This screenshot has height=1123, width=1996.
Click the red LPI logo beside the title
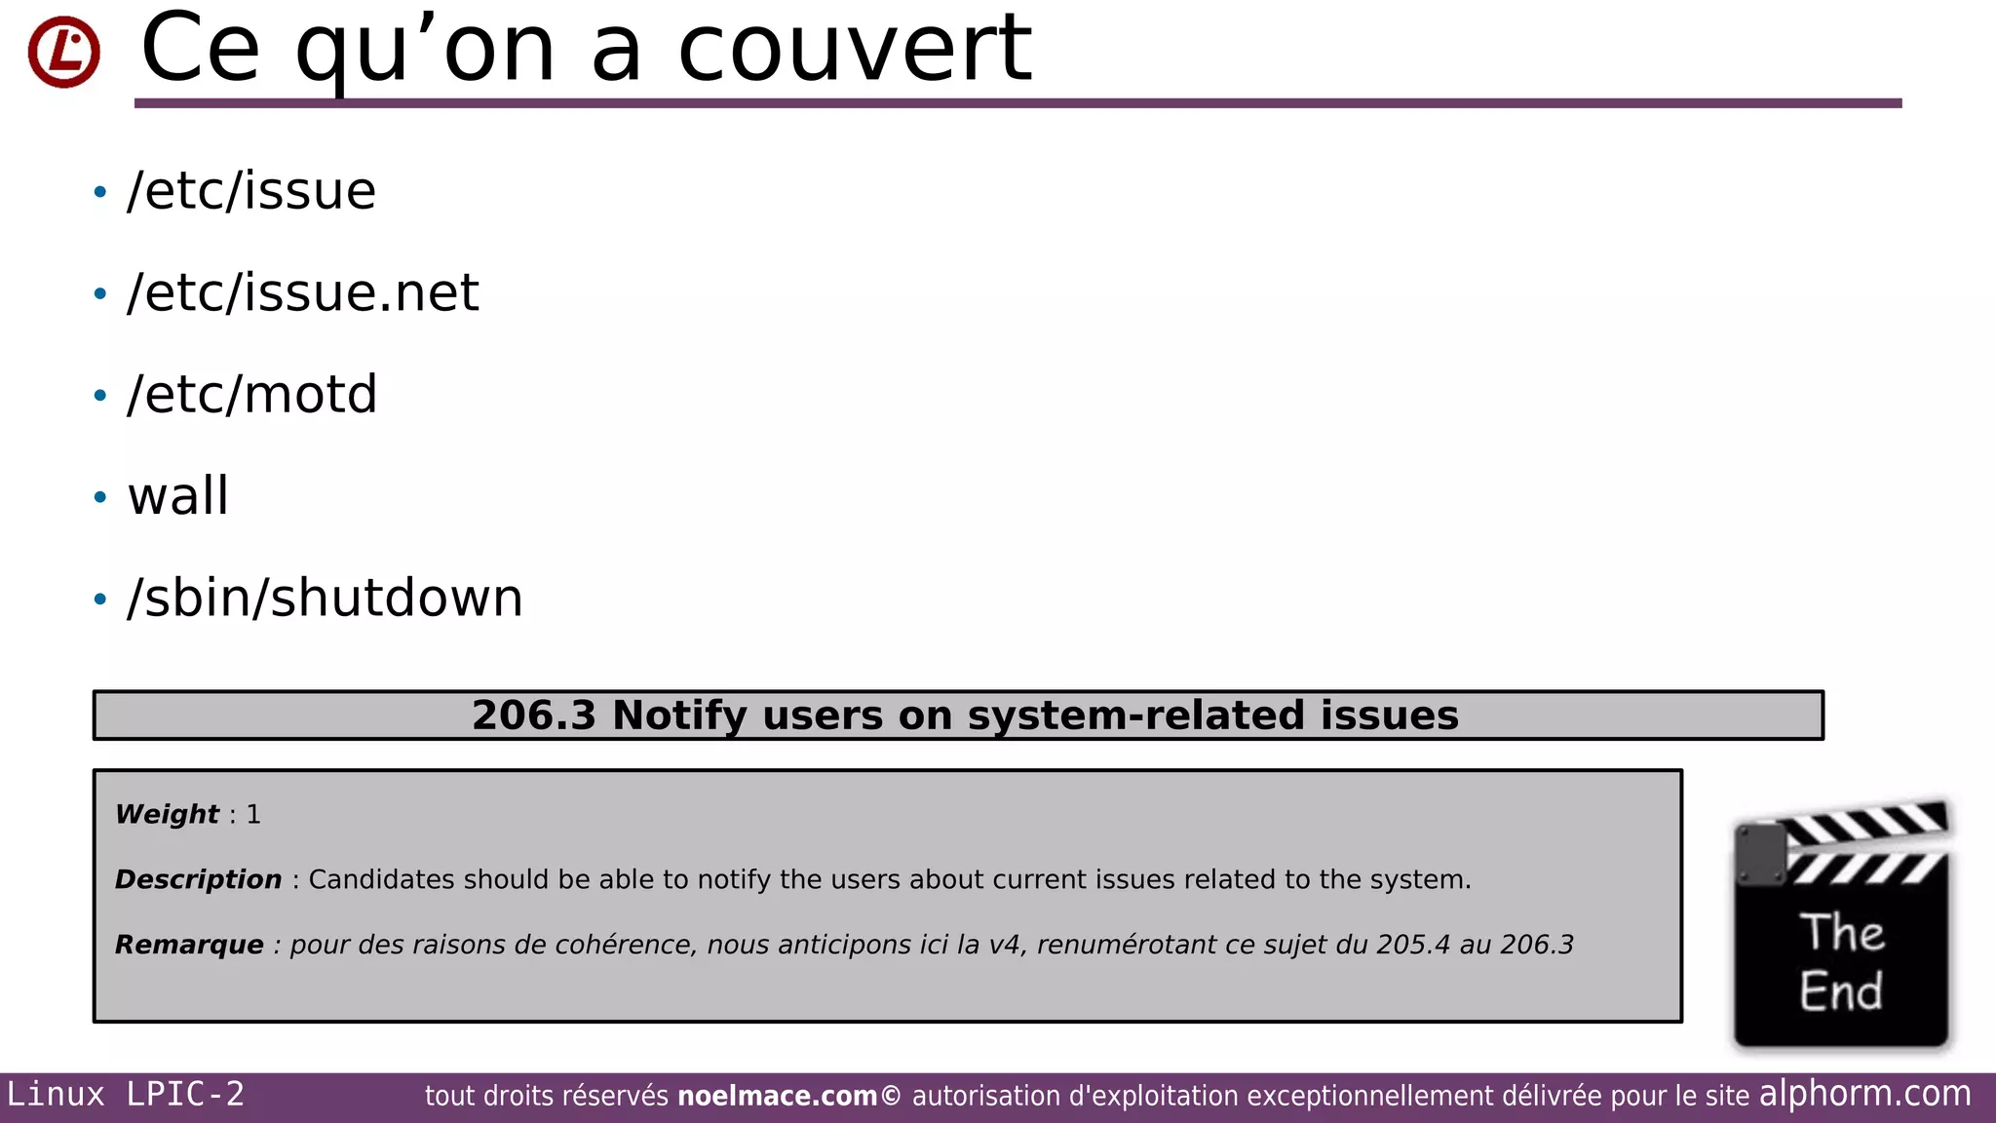tap(63, 52)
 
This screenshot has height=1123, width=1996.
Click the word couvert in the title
tap(854, 49)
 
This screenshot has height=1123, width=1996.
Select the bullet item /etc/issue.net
tap(303, 292)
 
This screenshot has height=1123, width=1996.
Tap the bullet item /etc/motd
tap(252, 394)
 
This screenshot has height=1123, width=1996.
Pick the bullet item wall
tap(178, 496)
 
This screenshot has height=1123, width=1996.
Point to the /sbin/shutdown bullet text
tap(326, 598)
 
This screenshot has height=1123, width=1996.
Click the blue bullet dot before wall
tap(99, 497)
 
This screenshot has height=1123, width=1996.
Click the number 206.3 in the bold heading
tap(533, 716)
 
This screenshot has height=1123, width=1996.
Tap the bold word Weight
tap(167, 814)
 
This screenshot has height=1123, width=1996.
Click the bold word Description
tap(198, 879)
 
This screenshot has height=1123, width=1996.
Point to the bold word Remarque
tap(189, 945)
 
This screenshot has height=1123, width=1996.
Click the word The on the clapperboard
tap(1841, 932)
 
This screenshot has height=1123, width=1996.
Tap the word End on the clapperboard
tap(1841, 991)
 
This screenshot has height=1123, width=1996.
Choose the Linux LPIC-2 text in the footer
tap(126, 1095)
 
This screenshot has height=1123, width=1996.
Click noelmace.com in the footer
tap(777, 1097)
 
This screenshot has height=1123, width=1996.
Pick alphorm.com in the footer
tap(1864, 1094)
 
